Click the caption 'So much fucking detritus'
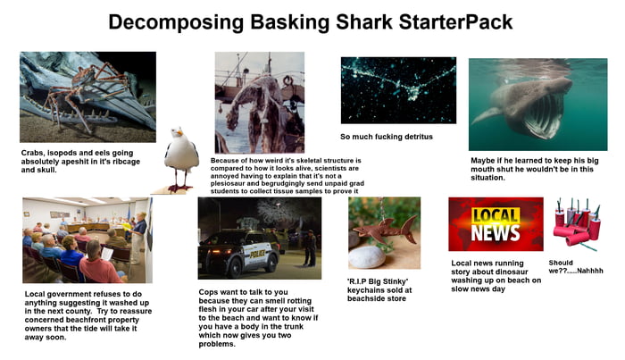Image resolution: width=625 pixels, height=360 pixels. point(387,137)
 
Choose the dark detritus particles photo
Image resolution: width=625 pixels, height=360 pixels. point(398,90)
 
